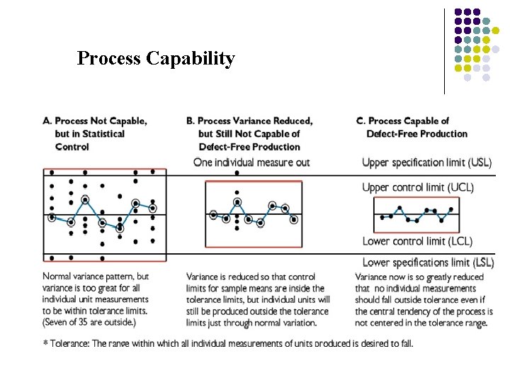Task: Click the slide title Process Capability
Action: pos(156,58)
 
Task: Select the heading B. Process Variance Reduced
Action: pos(249,121)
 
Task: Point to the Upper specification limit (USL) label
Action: pos(426,162)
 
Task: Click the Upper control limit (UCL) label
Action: pos(418,187)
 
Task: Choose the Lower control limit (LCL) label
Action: pos(416,241)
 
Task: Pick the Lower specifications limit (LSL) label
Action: pos(427,262)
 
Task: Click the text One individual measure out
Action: pos(251,162)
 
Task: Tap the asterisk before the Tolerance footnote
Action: pos(46,343)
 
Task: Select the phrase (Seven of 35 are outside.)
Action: pos(89,323)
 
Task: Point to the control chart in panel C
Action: pos(414,213)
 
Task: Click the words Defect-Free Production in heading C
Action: pos(417,133)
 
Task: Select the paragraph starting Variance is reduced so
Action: pos(258,299)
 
